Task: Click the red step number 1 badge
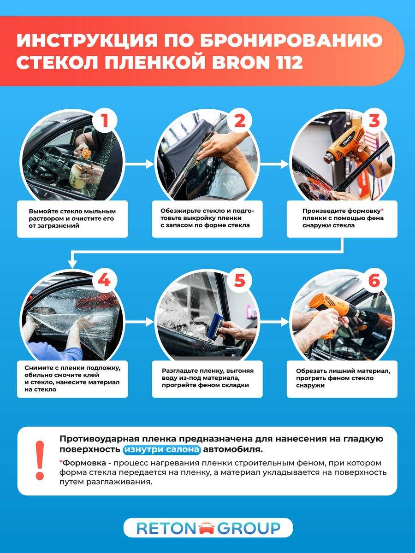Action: pos(105,120)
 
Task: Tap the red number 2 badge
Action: pos(240,120)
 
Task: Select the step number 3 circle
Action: pos(374,120)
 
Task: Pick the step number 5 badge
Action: pos(240,280)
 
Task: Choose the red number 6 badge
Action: pos(374,280)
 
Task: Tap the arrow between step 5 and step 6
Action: pos(274,322)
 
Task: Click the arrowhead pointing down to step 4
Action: pos(72,265)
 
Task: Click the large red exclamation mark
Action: pos(40,460)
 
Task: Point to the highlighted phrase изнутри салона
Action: pos(162,449)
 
